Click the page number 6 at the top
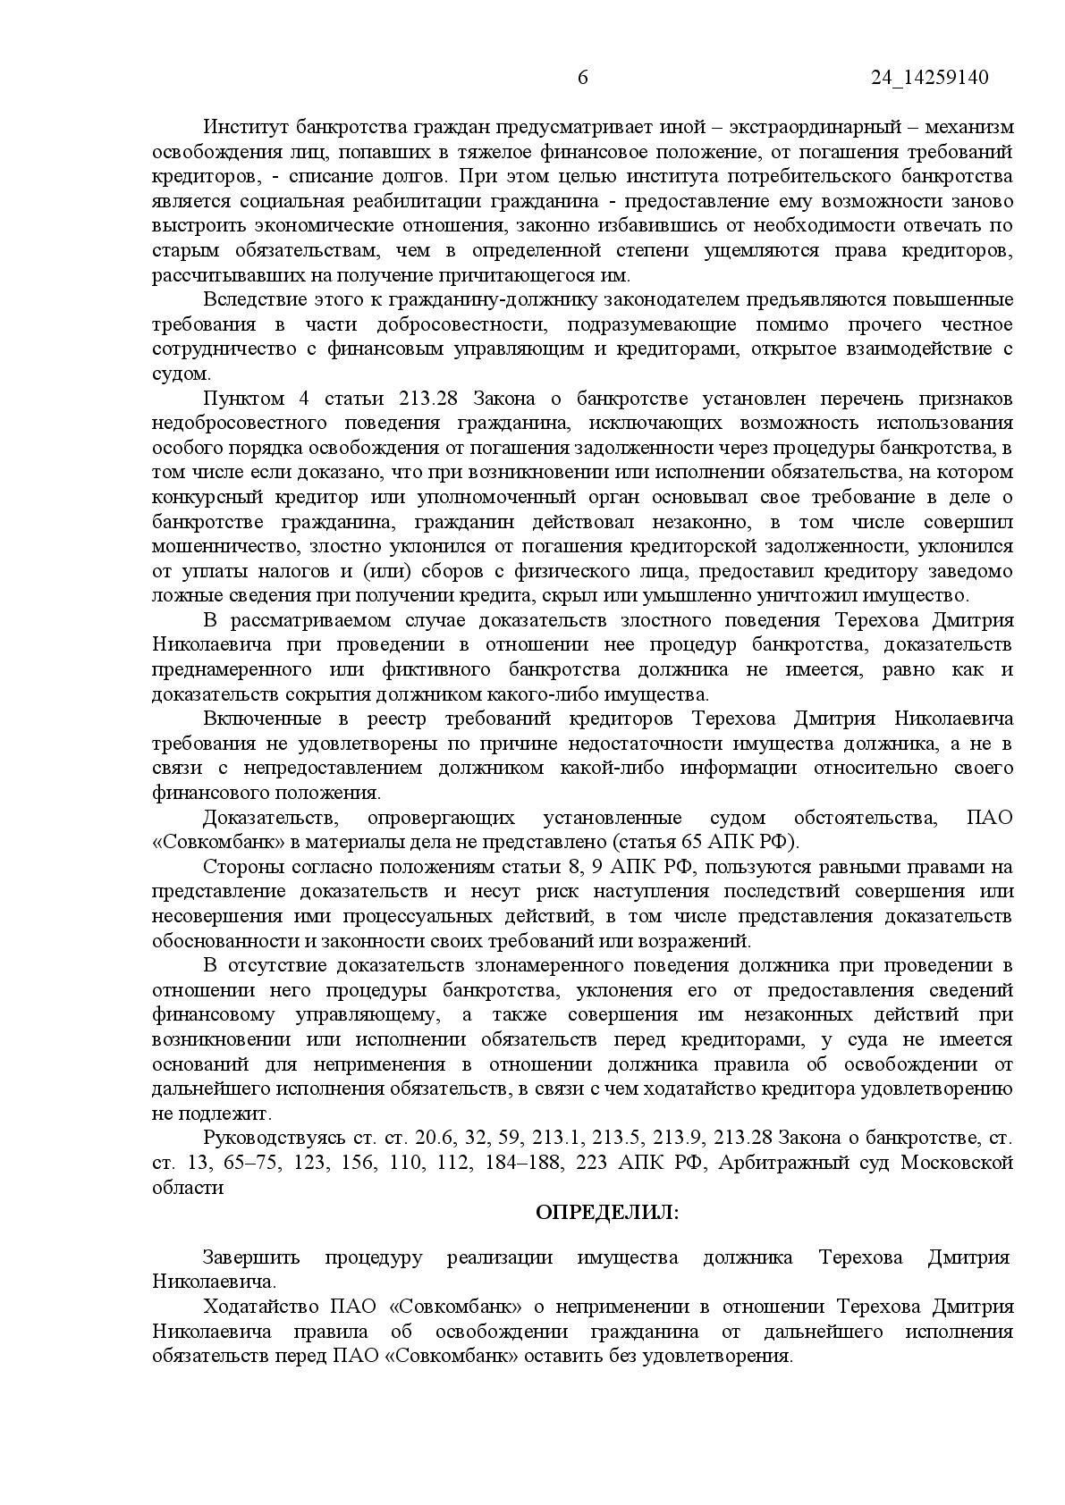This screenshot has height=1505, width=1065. tap(583, 78)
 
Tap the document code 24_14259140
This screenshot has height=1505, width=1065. tap(930, 78)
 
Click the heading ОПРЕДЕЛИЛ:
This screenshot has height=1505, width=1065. tap(607, 1213)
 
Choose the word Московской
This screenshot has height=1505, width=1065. tap(956, 1163)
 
